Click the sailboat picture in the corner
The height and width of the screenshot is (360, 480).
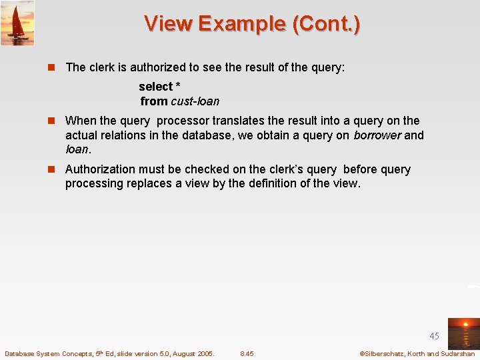17,23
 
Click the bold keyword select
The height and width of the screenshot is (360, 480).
155,87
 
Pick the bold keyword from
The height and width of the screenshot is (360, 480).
153,101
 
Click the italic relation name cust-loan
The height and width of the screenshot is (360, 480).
195,101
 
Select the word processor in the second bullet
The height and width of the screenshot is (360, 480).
182,121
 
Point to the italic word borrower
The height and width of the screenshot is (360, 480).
377,135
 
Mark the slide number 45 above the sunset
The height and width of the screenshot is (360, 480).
434,336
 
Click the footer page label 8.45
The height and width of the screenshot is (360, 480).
247,353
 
